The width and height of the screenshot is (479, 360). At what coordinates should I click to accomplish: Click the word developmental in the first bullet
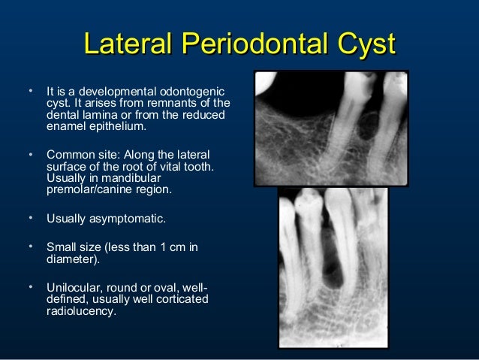pyautogui.click(x=113, y=91)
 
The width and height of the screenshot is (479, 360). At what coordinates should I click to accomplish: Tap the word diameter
pyautogui.click(x=72, y=259)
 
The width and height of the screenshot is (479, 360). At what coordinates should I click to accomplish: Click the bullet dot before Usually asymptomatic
pyautogui.click(x=31, y=219)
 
